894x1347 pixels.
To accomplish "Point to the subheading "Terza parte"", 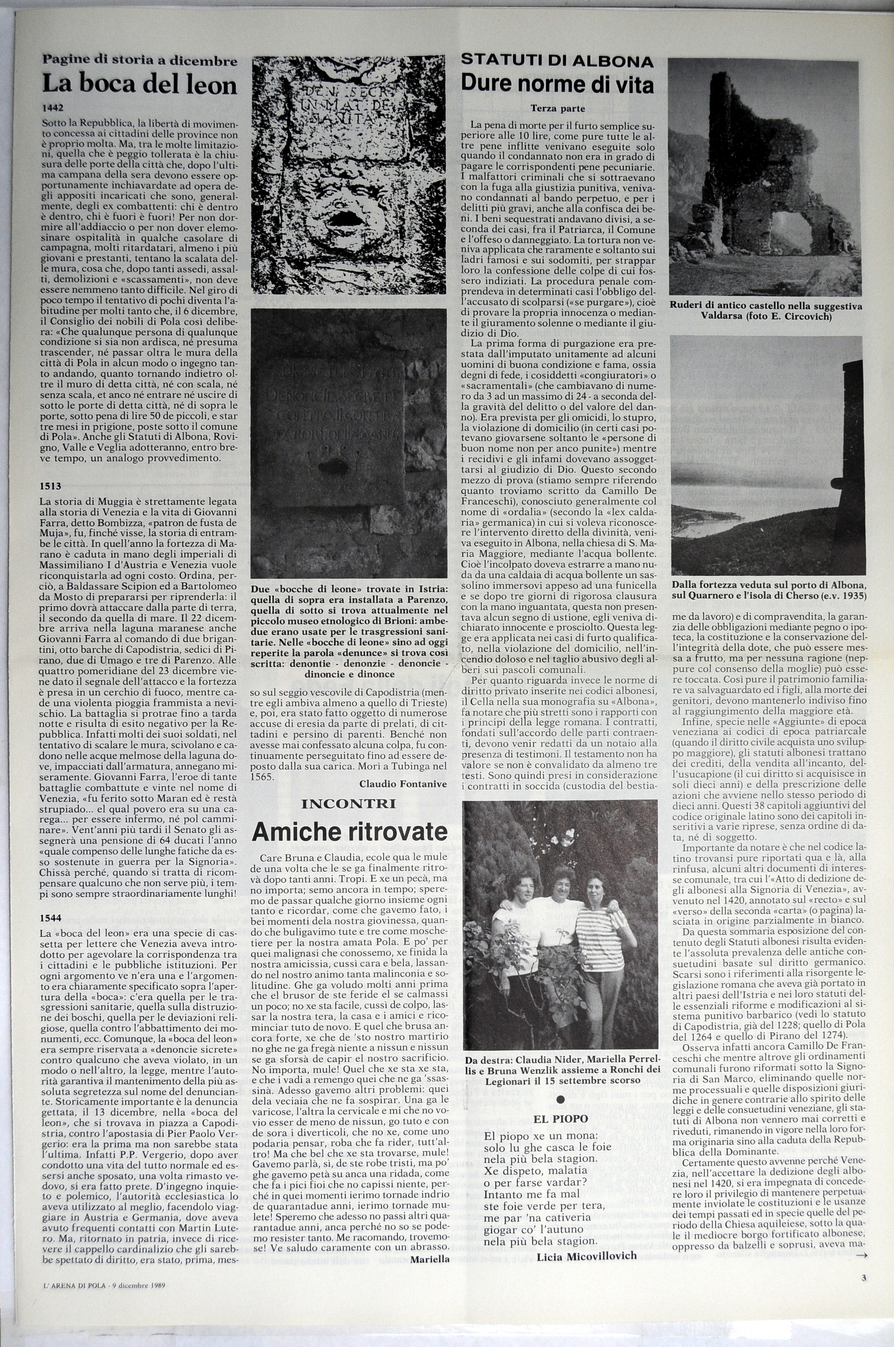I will [x=557, y=107].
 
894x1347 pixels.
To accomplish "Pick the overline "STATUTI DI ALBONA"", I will [x=557, y=61].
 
